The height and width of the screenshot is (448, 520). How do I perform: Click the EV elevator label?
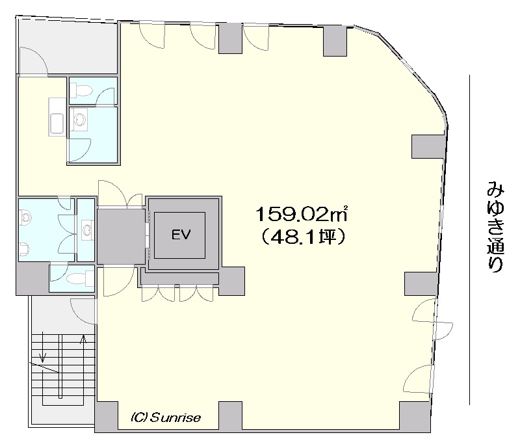pyautogui.click(x=181, y=235)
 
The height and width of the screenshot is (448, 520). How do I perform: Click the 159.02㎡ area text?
pyautogui.click(x=302, y=214)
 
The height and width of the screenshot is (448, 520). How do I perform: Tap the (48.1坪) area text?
pyautogui.click(x=303, y=237)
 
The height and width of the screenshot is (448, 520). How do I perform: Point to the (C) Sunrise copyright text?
pyautogui.click(x=166, y=417)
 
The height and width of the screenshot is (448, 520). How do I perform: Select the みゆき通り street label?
pyautogui.click(x=495, y=226)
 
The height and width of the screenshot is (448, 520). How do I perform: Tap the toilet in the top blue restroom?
pyautogui.click(x=81, y=90)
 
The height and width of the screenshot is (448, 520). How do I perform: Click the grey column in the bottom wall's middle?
pyautogui.click(x=231, y=416)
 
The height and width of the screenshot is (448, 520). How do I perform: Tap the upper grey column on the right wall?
pyautogui.click(x=428, y=146)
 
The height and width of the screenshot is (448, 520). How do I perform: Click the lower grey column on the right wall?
pyautogui.click(x=421, y=283)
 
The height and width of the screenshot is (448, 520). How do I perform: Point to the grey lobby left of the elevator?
pyautogui.click(x=121, y=236)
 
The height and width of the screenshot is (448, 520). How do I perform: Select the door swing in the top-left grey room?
pyautogui.click(x=34, y=60)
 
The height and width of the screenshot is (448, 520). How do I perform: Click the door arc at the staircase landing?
pyautogui.click(x=83, y=311)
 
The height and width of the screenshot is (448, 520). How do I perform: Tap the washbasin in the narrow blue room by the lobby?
pyautogui.click(x=86, y=230)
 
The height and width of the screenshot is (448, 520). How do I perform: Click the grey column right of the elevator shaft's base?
pyautogui.click(x=231, y=281)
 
